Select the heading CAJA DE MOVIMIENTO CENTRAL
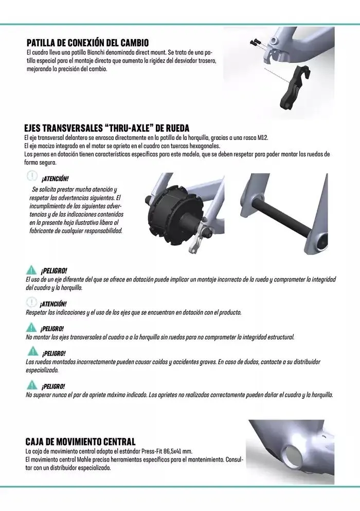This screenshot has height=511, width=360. [80, 442]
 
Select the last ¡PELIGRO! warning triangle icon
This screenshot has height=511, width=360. [31, 385]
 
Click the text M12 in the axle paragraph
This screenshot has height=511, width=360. [263, 138]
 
